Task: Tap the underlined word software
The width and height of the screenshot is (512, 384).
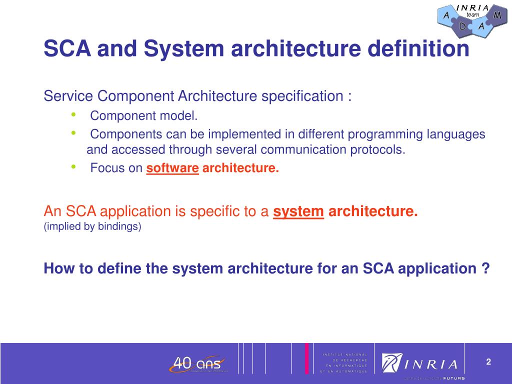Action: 172,168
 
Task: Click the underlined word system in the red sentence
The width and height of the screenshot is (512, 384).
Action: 298,211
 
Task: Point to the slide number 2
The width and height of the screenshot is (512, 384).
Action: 488,362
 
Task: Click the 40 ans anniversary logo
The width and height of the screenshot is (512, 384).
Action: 197,363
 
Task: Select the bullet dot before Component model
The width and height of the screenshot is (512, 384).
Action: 73,115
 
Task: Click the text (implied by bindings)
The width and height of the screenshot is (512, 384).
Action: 92,227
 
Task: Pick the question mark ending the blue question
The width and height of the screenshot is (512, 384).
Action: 485,269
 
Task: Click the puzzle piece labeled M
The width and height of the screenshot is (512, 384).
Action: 496,15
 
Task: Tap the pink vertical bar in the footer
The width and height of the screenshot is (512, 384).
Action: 306,358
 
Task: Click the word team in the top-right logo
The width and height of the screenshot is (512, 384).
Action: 472,15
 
